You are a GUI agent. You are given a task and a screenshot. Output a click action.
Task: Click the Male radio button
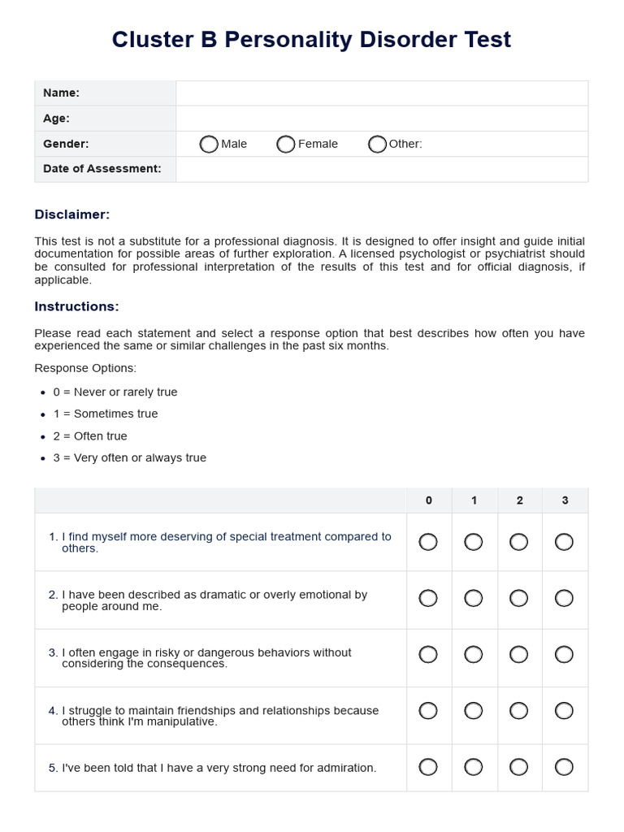(209, 144)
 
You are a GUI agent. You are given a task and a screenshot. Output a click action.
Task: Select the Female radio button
(285, 144)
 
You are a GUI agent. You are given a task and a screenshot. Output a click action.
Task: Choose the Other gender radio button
(377, 144)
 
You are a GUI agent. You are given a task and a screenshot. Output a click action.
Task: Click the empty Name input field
(381, 93)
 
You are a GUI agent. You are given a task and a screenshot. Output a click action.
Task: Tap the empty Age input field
(381, 119)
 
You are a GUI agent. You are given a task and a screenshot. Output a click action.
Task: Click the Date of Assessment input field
(381, 169)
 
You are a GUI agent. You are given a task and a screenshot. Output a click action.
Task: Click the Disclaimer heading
(71, 214)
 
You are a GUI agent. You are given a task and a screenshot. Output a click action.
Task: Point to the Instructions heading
(76, 306)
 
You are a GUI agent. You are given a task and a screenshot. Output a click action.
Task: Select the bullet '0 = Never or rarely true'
(115, 392)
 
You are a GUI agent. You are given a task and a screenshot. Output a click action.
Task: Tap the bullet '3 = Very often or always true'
(129, 457)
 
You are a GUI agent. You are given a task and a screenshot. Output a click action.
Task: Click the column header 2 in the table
(519, 500)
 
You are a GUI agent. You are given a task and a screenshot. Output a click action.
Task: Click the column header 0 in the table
(429, 500)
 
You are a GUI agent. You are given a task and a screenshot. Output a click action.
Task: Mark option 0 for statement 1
(428, 542)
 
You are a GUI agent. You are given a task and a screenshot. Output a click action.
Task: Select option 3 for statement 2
(564, 599)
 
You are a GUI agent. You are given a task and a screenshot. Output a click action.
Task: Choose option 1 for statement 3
(474, 655)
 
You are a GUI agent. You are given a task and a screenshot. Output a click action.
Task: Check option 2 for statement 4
(518, 711)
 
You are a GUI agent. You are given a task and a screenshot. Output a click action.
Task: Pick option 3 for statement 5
(564, 767)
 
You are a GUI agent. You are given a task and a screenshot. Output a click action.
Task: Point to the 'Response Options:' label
(85, 368)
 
